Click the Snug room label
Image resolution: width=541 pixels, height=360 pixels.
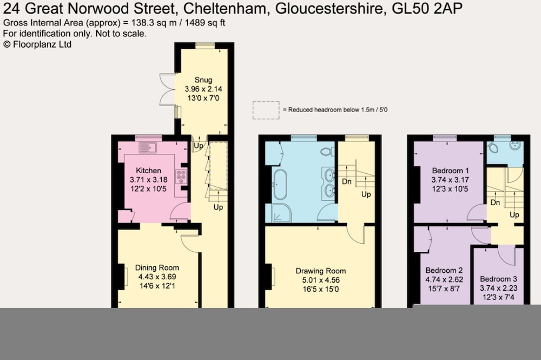(x=203, y=80)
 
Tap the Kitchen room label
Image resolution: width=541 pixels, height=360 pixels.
(x=148, y=171)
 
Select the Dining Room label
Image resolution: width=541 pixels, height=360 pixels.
(x=157, y=267)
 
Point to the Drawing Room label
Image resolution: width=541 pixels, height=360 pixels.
(x=321, y=271)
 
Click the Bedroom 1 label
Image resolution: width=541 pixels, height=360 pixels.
(x=450, y=171)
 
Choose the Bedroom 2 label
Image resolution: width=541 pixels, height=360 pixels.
(x=444, y=270)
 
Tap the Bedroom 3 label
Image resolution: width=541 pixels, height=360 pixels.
(x=498, y=279)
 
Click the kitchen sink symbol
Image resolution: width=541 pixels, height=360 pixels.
(x=148, y=148)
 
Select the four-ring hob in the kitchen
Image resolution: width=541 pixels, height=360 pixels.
(x=181, y=176)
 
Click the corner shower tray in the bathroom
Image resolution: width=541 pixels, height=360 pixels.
(x=281, y=213)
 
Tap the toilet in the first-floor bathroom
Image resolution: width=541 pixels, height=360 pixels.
(x=327, y=151)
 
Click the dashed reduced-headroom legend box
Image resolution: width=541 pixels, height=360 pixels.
(x=266, y=110)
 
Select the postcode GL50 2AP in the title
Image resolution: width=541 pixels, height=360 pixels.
(x=427, y=8)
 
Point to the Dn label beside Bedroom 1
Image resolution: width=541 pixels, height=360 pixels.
(x=495, y=202)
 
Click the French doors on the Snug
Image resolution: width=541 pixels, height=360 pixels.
(x=168, y=89)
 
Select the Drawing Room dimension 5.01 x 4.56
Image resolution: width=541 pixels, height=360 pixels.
(x=321, y=280)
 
